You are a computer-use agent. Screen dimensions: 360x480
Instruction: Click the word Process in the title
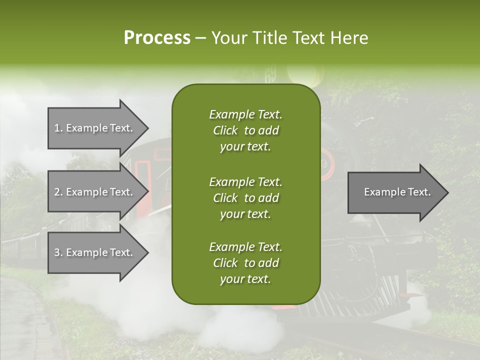[x=157, y=38]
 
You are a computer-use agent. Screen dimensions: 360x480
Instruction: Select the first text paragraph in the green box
[x=245, y=130]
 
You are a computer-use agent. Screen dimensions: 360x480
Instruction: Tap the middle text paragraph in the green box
[x=245, y=198]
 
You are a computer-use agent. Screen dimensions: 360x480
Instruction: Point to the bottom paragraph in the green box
[x=245, y=263]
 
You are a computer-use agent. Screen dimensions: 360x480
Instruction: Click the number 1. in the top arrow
[x=58, y=128]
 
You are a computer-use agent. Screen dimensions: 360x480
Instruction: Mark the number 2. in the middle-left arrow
[x=58, y=192]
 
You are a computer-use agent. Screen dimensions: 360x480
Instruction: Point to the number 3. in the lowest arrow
[x=58, y=252]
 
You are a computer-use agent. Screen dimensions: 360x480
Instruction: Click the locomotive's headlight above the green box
[x=304, y=74]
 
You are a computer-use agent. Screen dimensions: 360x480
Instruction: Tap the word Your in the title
[x=228, y=38]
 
